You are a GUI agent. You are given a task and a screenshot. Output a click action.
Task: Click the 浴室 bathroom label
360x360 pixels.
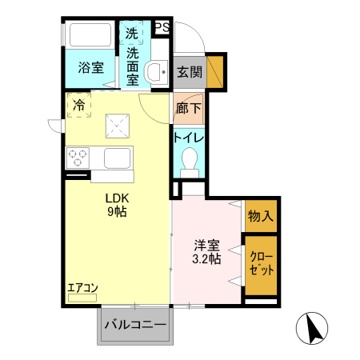tap(90, 69)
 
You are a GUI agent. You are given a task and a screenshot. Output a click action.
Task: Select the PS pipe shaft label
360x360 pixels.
tap(162, 27)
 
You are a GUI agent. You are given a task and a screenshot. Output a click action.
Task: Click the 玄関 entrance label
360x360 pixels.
tap(189, 72)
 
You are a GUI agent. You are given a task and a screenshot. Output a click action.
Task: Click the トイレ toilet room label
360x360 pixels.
tap(189, 137)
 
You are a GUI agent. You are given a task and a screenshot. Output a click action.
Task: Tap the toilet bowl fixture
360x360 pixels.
tap(190, 160)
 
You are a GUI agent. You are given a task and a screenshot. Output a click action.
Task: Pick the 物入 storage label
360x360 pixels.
tap(261, 216)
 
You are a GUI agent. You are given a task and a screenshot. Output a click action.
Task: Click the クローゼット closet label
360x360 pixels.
tap(261, 263)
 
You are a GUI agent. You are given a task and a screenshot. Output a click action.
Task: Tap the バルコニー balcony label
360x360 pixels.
tap(135, 326)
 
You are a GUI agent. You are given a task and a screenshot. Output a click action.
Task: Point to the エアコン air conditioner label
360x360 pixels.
tap(82, 288)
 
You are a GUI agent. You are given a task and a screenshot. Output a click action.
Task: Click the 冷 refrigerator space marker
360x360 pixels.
tap(79, 104)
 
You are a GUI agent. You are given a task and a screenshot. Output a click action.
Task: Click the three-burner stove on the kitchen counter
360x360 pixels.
tap(78, 157)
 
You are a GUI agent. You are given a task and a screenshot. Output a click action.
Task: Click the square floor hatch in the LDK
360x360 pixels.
tap(120, 125)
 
